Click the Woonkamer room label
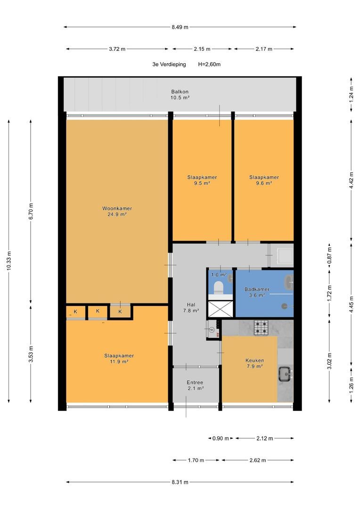pyautogui.click(x=117, y=208)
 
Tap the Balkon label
pyautogui.click(x=180, y=91)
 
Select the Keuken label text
pyautogui.click(x=254, y=361)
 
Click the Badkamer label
pyautogui.click(x=257, y=289)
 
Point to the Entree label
pyautogui.click(x=195, y=382)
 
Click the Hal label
pyautogui.click(x=191, y=304)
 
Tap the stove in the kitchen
pyautogui.click(x=261, y=328)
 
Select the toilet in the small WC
pyautogui.click(x=218, y=287)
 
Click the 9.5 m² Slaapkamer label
pyautogui.click(x=202, y=177)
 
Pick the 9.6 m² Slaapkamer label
pyautogui.click(x=264, y=177)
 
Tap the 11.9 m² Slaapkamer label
pyautogui.click(x=119, y=356)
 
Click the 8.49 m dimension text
pyautogui.click(x=180, y=27)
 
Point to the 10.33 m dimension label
pyautogui.click(x=9, y=261)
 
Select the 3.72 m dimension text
pyautogui.click(x=117, y=49)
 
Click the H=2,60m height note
pyautogui.click(x=209, y=64)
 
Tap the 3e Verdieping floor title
pyautogui.click(x=169, y=64)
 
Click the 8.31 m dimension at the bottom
pyautogui.click(x=180, y=482)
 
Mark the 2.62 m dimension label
pyautogui.click(x=258, y=460)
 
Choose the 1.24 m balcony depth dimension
pyautogui.click(x=351, y=94)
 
